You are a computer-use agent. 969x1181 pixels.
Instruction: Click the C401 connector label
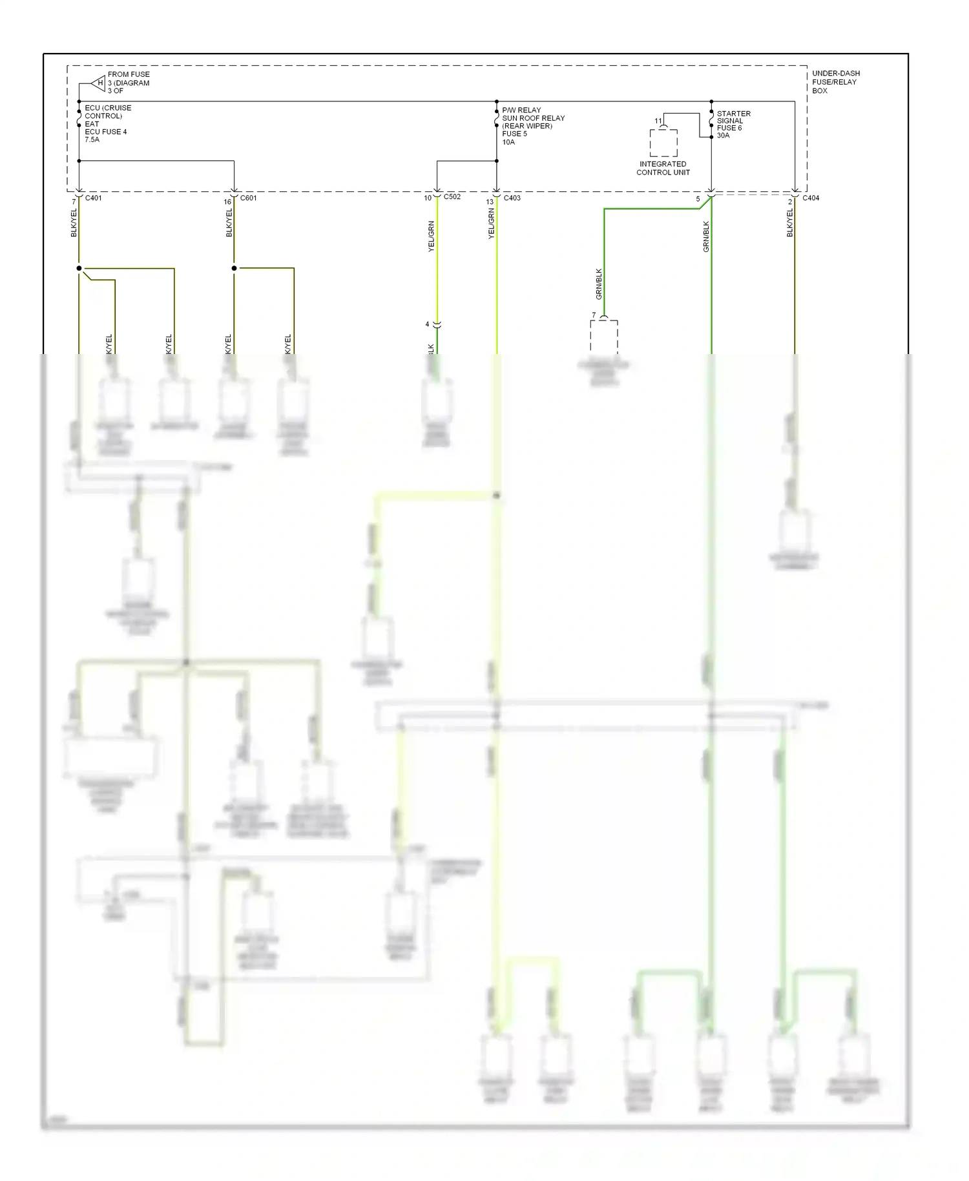coord(94,198)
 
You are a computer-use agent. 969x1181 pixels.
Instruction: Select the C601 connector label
coord(248,198)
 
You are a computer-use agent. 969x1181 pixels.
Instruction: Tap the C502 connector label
coord(452,196)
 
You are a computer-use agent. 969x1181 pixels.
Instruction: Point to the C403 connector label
coord(512,198)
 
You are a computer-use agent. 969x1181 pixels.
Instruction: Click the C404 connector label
coord(811,198)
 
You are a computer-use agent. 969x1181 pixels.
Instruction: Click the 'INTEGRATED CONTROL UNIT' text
coord(663,168)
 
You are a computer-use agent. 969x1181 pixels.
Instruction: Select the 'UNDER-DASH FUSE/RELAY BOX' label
coord(835,82)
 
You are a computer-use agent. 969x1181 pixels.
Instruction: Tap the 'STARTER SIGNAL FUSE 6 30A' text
coord(733,124)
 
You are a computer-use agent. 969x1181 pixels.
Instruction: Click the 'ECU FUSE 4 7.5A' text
coord(105,135)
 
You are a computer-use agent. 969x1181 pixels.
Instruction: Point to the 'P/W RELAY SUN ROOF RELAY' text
coord(533,114)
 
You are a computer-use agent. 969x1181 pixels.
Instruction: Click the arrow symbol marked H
coord(98,83)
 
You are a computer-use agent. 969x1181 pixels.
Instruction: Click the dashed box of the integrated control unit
coord(663,143)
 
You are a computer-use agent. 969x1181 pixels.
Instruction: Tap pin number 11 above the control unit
coord(658,121)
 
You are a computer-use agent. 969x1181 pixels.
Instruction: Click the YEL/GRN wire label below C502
coord(431,236)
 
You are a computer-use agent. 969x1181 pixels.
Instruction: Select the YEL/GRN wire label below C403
coord(491,224)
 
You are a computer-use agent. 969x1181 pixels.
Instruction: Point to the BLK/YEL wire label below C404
coord(789,223)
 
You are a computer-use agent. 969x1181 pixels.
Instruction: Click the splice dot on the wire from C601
coord(234,268)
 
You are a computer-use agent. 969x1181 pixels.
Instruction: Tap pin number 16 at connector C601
coord(227,202)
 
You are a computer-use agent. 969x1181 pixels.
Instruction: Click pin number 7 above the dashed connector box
coord(594,315)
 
